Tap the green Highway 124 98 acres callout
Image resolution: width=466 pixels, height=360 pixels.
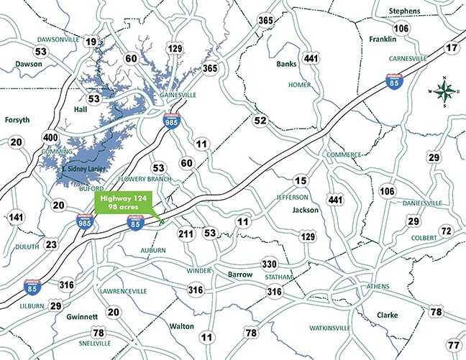(124, 203)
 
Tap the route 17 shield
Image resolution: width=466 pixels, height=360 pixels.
(452, 48)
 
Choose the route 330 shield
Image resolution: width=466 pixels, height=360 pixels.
(270, 264)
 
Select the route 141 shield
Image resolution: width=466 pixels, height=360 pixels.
(16, 217)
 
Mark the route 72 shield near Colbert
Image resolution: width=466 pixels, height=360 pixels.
(446, 231)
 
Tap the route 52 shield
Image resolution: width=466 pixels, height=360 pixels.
(260, 120)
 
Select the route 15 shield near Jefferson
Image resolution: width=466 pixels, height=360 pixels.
(301, 180)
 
